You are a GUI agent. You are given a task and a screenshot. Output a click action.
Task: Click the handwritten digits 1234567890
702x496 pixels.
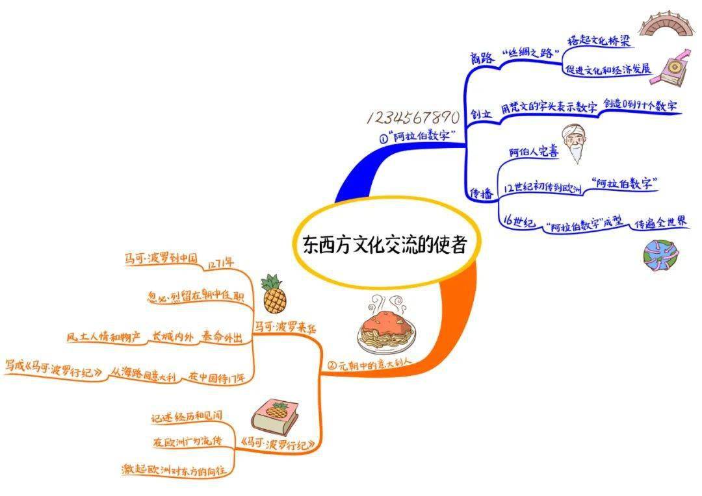tap(414, 118)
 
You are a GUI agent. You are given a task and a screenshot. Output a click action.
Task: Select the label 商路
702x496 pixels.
tap(483, 57)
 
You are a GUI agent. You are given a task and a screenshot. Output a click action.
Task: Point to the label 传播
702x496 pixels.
tap(482, 193)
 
